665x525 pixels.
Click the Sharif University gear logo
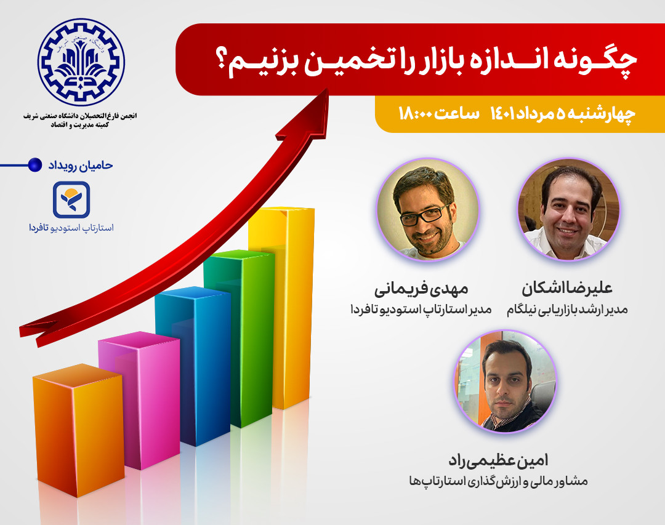81,62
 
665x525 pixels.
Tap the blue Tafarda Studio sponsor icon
71,199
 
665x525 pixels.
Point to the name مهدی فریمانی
422,288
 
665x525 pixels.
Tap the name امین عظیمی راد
499,459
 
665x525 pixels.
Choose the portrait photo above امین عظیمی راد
506,382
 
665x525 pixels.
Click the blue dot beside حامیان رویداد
36,165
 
